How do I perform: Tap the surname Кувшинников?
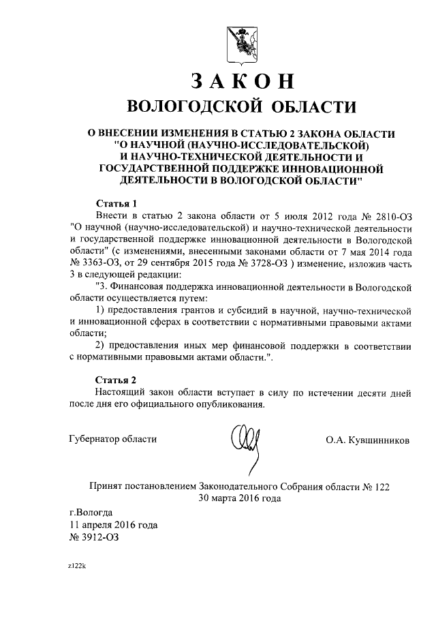point(379,440)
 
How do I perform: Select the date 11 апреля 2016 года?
point(114,524)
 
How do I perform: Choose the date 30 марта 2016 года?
point(239,498)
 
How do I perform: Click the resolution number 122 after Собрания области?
point(381,486)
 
